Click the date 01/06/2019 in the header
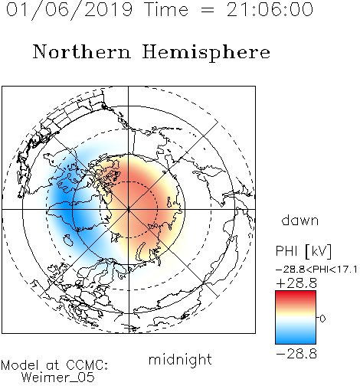tap(69, 9)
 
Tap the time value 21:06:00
tap(270, 9)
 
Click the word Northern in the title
tap(82, 52)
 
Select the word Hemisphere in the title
tap(206, 53)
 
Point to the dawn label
tap(300, 221)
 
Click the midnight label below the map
tap(180, 360)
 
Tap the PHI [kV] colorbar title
tap(303, 251)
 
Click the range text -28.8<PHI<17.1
tap(316, 270)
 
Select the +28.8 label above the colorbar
tap(296, 283)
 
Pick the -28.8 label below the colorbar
tap(296, 354)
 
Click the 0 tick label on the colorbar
tap(322, 319)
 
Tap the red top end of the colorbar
tap(296, 293)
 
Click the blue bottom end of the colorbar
tap(296, 342)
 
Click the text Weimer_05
tap(57, 377)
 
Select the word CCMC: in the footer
tap(87, 365)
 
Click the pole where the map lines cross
tap(129, 209)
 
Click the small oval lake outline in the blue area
tap(68, 240)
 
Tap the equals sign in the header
tap(208, 10)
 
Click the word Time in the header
tap(166, 9)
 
